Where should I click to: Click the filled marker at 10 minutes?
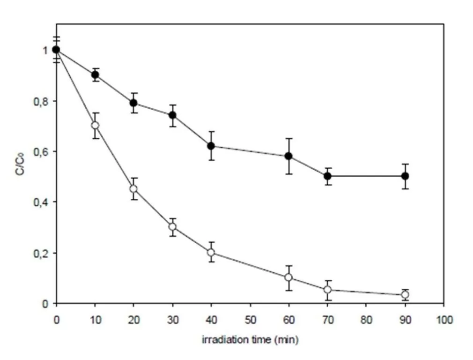(x=95, y=75)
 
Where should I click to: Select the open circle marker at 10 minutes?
(x=95, y=125)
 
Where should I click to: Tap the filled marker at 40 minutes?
(x=211, y=146)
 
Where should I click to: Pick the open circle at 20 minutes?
(x=134, y=188)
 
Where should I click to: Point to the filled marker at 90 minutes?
(x=405, y=176)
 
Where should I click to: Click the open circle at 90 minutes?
(x=405, y=294)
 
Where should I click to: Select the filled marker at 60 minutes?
(x=288, y=156)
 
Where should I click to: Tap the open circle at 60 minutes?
(x=288, y=277)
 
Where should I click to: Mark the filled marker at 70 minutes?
(x=328, y=176)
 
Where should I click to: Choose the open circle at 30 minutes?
(x=172, y=227)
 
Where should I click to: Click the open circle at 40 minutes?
(x=211, y=252)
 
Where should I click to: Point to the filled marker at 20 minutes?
(x=134, y=103)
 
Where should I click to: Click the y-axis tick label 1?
(x=45, y=50)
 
